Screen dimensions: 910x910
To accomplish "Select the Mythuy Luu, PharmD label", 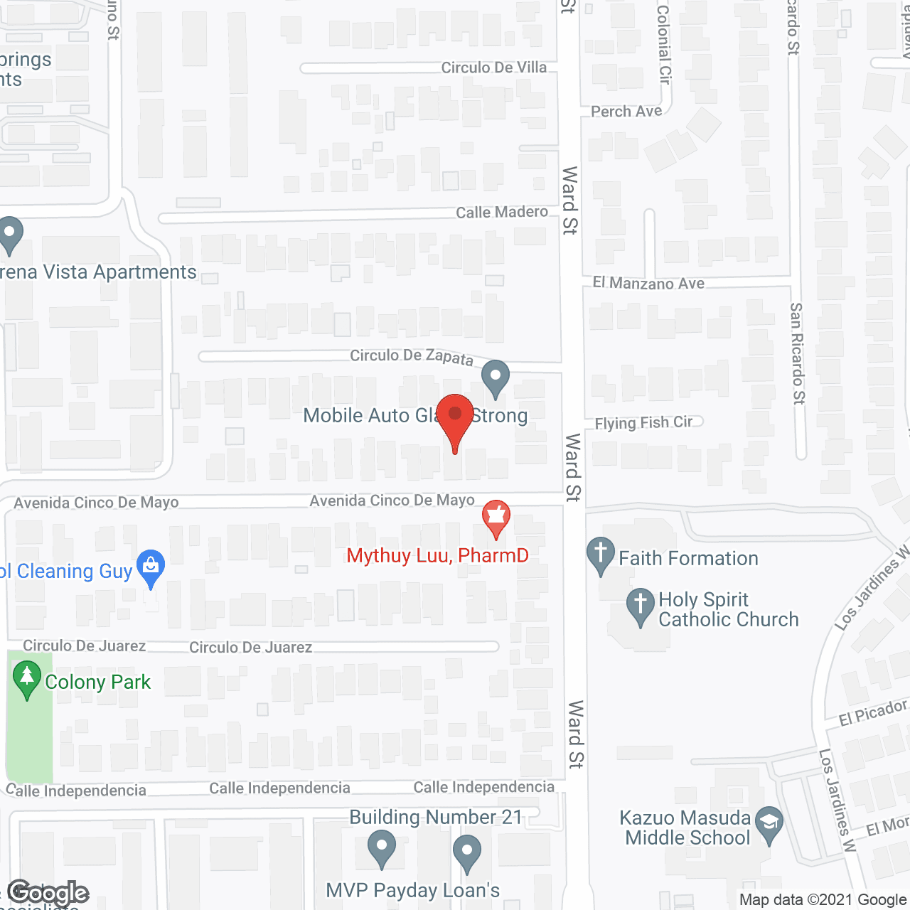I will pos(437,555).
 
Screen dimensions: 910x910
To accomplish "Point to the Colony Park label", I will pos(97,682).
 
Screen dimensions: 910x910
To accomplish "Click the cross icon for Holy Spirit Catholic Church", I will pos(640,606).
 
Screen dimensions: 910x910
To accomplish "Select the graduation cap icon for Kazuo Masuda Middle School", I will pos(769,824).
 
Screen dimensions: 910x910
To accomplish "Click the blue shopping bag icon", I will pos(151,567).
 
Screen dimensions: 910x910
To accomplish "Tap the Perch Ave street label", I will pos(626,112).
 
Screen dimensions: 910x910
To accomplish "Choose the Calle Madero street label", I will pos(502,213).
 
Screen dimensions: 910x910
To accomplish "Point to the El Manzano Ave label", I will pos(648,283).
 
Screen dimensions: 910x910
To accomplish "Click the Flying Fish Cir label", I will pos(643,423).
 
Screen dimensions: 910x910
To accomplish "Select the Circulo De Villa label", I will pos(494,68).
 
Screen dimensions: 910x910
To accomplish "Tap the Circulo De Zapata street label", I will pos(412,356).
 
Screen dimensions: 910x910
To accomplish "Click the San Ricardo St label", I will pos(797,353).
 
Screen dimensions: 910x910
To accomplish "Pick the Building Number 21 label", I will pos(436,817).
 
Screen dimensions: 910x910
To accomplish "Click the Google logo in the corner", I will pos(48,893).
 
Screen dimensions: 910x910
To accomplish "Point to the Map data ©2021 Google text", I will pos(823,900).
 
